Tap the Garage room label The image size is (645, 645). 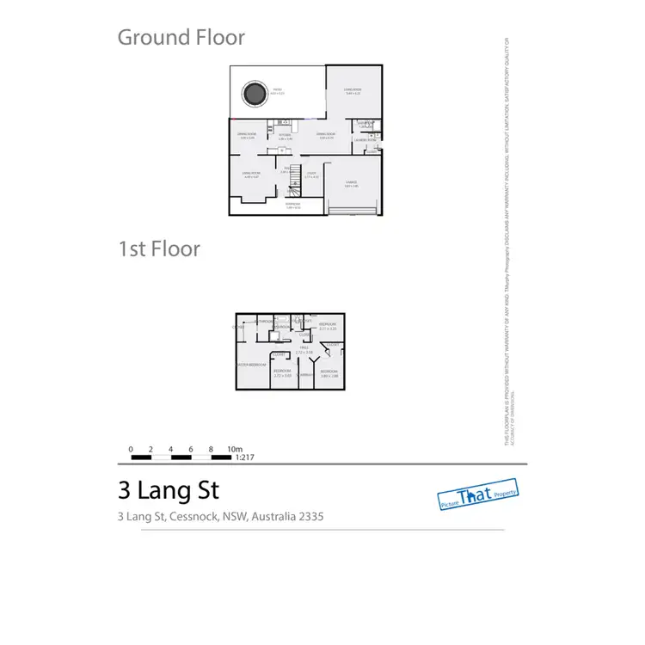tap(351, 182)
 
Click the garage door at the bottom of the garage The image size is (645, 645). tap(352, 209)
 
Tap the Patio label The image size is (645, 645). tap(277, 89)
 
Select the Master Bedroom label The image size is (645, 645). tap(250, 365)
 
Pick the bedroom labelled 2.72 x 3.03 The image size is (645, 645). tap(282, 372)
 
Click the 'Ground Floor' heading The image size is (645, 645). tap(181, 37)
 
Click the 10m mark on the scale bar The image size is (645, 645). tap(234, 449)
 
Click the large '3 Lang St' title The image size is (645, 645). tap(168, 490)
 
